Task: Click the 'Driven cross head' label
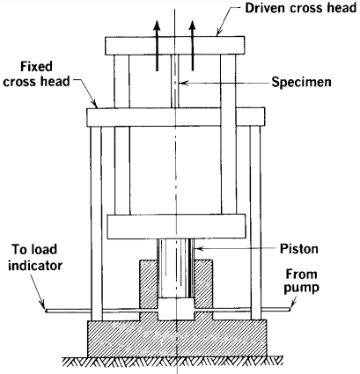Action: pyautogui.click(x=300, y=9)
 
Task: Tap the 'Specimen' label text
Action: pyautogui.click(x=301, y=82)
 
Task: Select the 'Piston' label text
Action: pyautogui.click(x=299, y=249)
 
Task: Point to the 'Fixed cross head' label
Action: pyautogui.click(x=36, y=74)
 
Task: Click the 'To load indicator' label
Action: pyautogui.click(x=35, y=258)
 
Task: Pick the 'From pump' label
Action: pyautogui.click(x=301, y=282)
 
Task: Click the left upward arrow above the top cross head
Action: pyautogui.click(x=158, y=46)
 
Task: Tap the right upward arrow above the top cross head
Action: pyautogui.click(x=192, y=46)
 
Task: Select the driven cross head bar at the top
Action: pyautogui.click(x=175, y=46)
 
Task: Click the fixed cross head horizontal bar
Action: pyautogui.click(x=176, y=117)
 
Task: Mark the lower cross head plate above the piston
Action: pyautogui.click(x=176, y=226)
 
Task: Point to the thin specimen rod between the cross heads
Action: pyautogui.click(x=175, y=81)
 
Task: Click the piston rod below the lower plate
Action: pyautogui.click(x=175, y=268)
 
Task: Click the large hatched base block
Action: pyautogui.click(x=177, y=338)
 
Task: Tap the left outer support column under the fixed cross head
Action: pyautogui.click(x=96, y=223)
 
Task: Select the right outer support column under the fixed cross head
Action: pyautogui.click(x=255, y=223)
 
